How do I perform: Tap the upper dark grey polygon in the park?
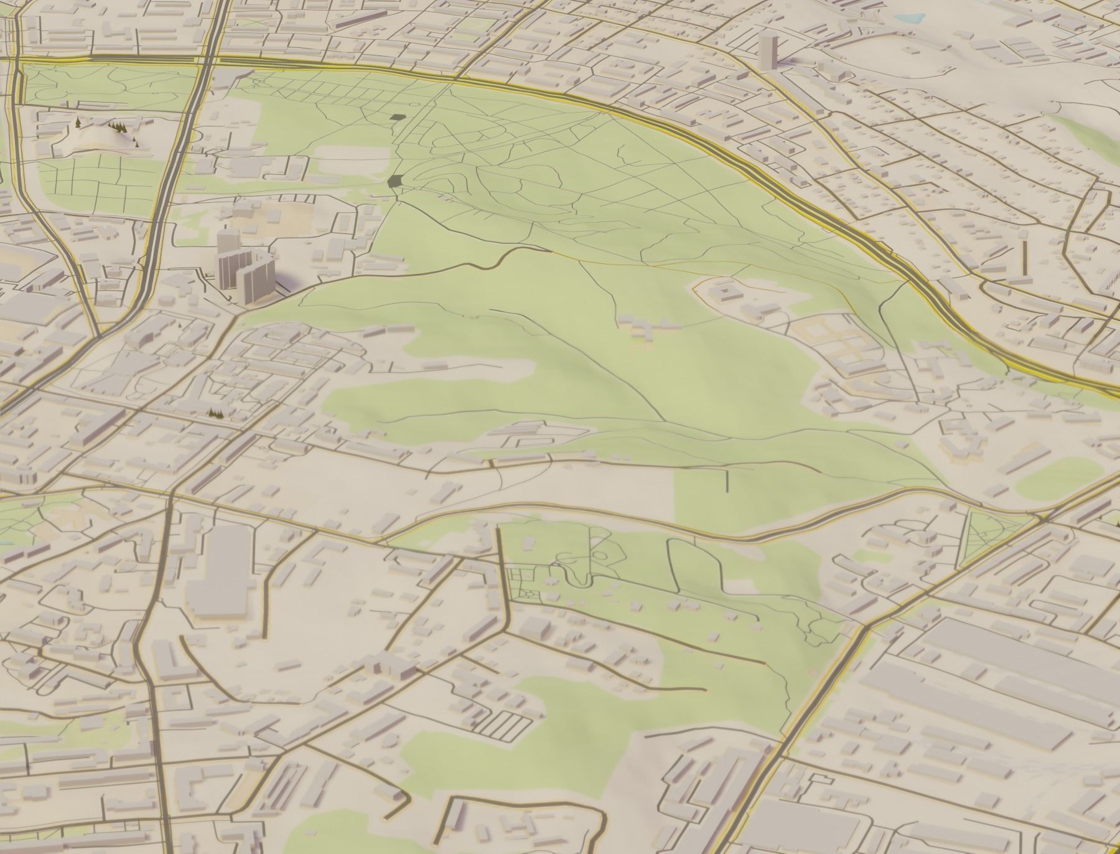point(396,116)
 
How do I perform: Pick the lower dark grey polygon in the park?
point(394,181)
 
